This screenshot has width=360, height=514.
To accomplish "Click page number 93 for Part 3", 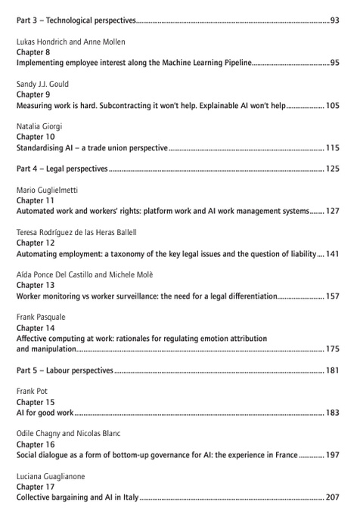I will (334, 20).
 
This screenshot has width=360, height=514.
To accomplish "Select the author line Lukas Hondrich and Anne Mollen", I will (70, 42).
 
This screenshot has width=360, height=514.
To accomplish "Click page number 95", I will (334, 63).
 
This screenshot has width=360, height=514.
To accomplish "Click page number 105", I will (332, 106).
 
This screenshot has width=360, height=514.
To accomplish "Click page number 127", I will (332, 212).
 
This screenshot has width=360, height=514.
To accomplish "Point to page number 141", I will (332, 254).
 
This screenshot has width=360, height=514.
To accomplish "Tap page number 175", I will (332, 350).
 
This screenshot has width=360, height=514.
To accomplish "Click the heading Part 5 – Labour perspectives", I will (65, 371).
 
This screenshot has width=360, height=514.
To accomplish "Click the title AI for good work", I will (45, 413).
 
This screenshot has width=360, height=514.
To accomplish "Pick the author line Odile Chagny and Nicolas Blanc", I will (68, 435).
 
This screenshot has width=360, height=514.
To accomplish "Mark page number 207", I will (332, 498).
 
